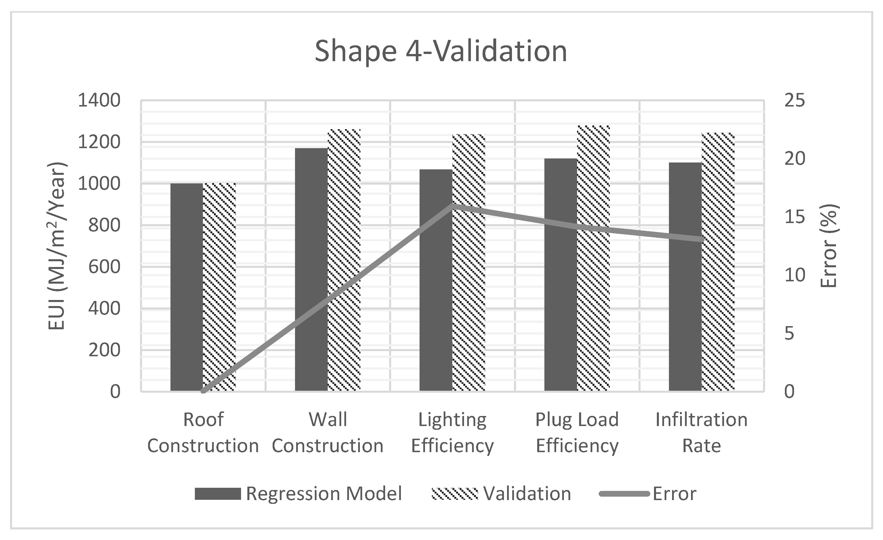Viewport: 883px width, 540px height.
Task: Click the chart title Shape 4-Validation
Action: (x=441, y=51)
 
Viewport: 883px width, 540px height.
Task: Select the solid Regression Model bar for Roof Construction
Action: (x=186, y=287)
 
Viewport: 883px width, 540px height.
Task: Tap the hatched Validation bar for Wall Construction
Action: (x=344, y=260)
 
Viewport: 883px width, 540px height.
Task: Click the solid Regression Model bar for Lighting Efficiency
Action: (x=436, y=280)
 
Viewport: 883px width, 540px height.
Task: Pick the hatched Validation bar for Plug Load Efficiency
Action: (x=593, y=258)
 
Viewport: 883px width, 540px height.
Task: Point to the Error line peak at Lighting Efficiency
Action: (x=453, y=205)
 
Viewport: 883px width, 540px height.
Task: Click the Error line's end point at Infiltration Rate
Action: (x=702, y=239)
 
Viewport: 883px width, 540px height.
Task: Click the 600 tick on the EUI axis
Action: (x=104, y=267)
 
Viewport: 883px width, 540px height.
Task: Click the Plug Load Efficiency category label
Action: (x=577, y=432)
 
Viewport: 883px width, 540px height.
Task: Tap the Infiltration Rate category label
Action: (x=701, y=432)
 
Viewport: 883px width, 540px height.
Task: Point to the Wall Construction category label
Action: (x=327, y=432)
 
